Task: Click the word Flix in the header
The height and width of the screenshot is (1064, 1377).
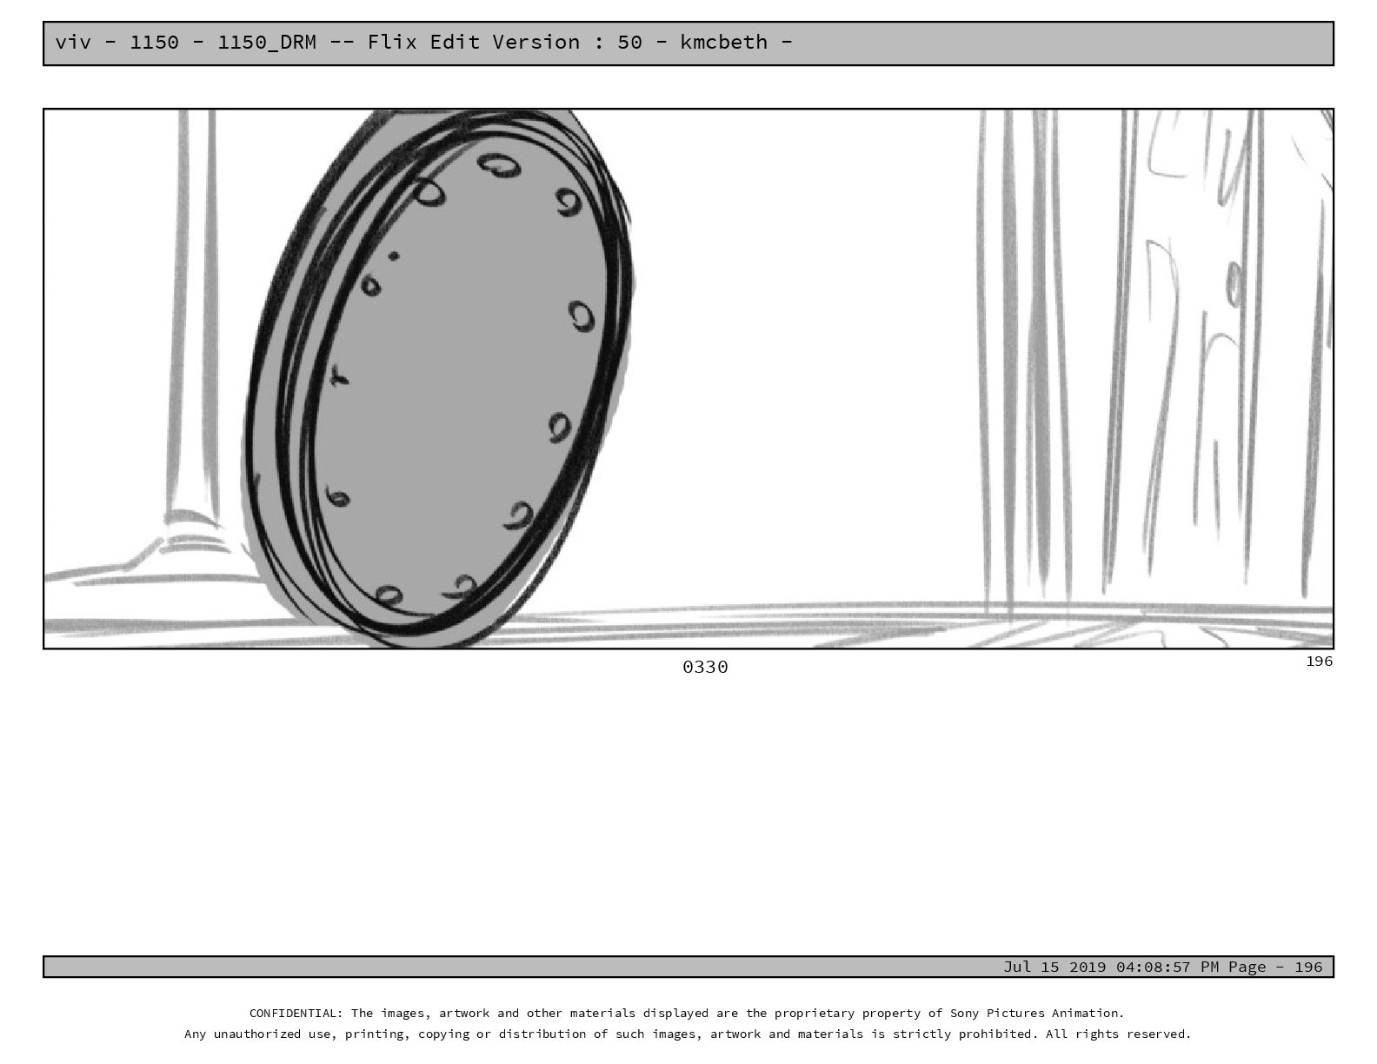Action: pos(392,42)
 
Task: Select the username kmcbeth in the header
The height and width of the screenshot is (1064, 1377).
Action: pos(723,42)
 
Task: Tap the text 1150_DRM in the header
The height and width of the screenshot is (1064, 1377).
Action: pos(267,43)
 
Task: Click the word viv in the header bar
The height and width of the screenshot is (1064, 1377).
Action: pos(73,42)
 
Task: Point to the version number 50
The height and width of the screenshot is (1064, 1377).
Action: pos(630,42)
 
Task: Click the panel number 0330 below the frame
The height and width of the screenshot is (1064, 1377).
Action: pos(705,667)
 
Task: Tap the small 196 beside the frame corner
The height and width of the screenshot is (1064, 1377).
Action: pos(1320,661)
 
